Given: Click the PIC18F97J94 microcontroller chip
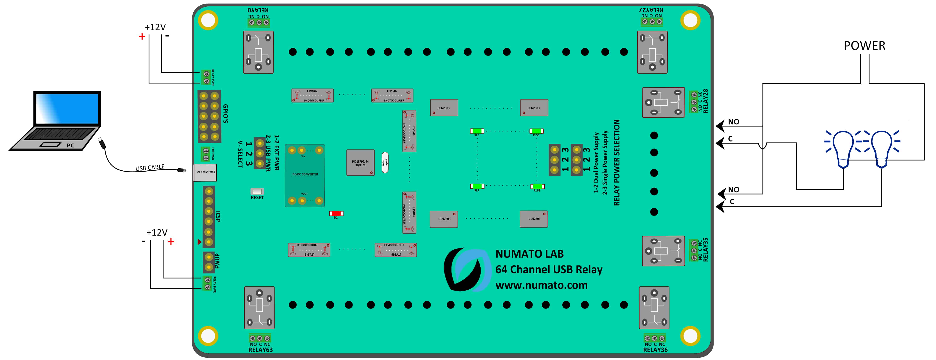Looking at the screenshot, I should pyautogui.click(x=360, y=163).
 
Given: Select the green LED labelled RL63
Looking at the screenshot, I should pyautogui.click(x=537, y=186).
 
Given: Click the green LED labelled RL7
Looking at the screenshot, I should pyautogui.click(x=477, y=186).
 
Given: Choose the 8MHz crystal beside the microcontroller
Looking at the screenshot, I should pyautogui.click(x=385, y=162).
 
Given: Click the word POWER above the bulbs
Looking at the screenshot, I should pyautogui.click(x=864, y=46).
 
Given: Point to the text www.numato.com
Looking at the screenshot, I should pyautogui.click(x=541, y=285).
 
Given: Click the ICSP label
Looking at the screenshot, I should pyautogui.click(x=218, y=217).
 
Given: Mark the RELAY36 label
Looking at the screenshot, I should pyautogui.click(x=655, y=350).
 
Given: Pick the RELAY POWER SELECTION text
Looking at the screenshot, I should pyautogui.click(x=617, y=163).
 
